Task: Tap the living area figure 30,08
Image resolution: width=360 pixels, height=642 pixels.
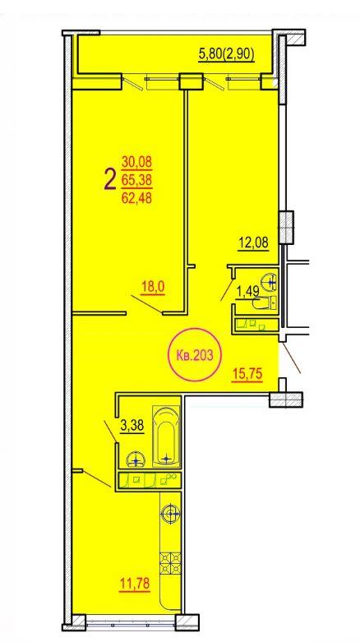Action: (136, 162)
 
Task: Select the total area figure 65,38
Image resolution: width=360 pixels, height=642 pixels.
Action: (136, 180)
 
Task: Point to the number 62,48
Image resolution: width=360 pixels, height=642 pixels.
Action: (136, 198)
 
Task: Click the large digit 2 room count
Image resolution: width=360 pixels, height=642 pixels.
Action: (110, 181)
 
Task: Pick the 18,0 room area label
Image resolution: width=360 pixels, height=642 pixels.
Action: (152, 287)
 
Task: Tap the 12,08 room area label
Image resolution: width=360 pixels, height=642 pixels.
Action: (253, 242)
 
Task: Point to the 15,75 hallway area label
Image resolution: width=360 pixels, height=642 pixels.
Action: (247, 374)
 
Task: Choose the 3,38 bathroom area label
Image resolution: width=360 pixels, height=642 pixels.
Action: (132, 427)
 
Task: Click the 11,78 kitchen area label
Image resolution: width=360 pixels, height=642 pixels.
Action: (135, 584)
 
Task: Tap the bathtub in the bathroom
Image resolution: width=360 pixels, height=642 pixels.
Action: (166, 436)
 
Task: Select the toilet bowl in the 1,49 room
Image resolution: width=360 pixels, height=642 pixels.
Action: (264, 303)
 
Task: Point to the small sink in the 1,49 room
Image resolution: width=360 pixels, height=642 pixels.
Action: (270, 280)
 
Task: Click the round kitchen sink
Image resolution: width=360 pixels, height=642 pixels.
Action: (171, 514)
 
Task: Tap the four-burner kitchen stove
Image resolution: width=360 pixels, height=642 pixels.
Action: (170, 565)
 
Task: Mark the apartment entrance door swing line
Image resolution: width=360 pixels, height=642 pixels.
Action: (291, 358)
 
